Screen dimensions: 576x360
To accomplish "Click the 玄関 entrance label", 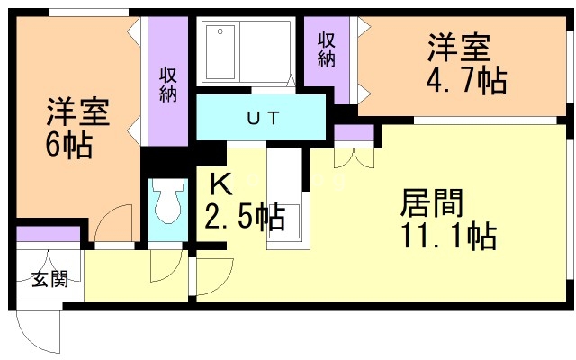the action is [50, 279].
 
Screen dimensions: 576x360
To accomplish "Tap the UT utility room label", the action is [264, 118].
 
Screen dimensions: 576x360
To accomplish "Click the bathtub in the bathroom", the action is [220, 52].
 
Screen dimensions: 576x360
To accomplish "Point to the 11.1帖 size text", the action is [449, 236].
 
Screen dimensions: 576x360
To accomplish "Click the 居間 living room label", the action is [432, 202].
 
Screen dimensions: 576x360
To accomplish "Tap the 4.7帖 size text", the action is [466, 79].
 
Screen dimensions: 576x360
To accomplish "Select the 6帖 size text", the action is [69, 144].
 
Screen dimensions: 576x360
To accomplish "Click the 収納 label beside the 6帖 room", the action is [168, 85].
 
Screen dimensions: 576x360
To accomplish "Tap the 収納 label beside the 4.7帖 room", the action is [327, 50].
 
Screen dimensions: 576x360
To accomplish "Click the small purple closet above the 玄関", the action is [48, 234].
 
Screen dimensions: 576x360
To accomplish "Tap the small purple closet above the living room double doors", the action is [354, 132].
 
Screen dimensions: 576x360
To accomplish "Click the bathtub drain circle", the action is [220, 31].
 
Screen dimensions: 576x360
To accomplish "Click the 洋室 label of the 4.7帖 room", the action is [459, 48].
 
